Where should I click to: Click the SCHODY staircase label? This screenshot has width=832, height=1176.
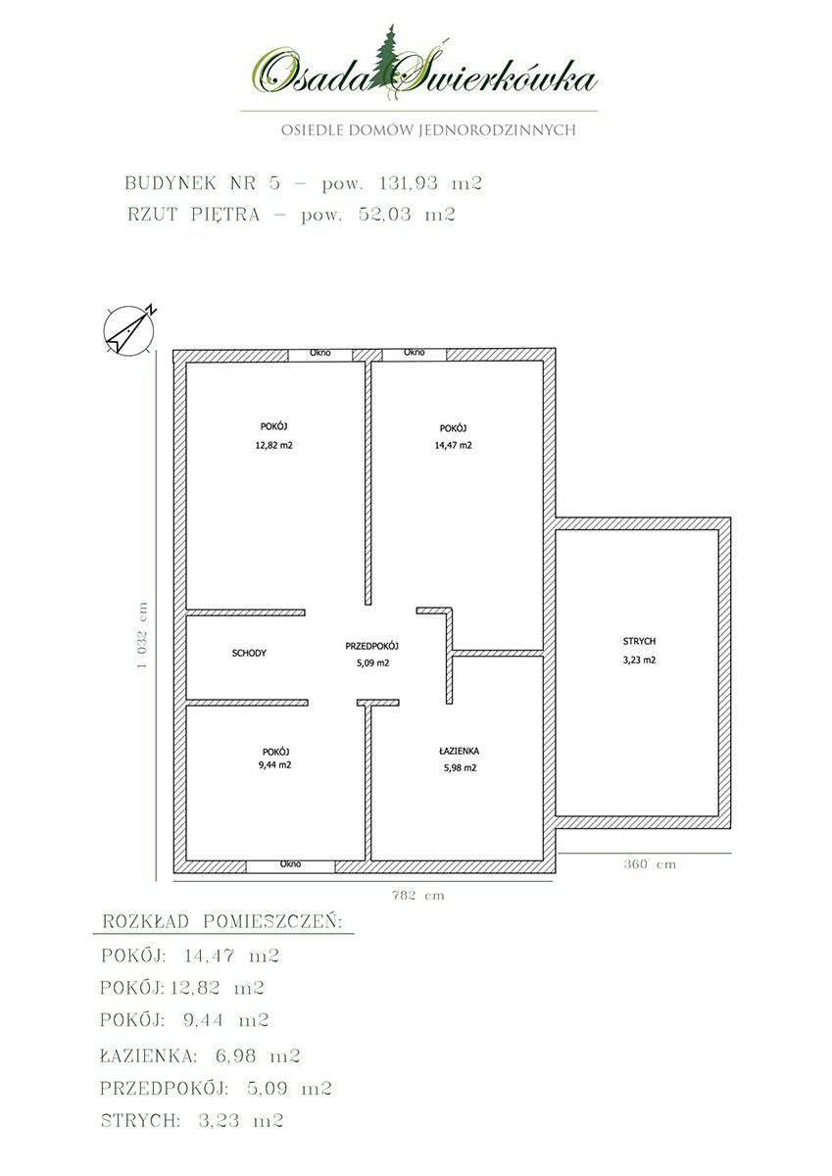coord(249,653)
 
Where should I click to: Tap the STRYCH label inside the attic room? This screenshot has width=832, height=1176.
coord(639,641)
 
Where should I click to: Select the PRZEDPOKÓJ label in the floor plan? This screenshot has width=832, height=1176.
coord(372,646)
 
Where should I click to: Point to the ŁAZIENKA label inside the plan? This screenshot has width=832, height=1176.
coord(459,751)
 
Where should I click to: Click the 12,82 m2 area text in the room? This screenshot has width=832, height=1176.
coord(274,445)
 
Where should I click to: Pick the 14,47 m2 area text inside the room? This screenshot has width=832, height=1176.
coord(453,445)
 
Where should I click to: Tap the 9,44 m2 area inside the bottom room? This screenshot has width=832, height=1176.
coord(274,765)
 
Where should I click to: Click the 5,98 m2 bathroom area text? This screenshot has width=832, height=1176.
coord(460,767)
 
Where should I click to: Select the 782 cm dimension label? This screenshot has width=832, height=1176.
coord(418,895)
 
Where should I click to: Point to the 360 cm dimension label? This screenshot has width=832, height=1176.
coord(650,864)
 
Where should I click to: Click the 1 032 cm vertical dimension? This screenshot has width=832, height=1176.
coord(142,635)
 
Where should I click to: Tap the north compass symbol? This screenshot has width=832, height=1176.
coord(129,329)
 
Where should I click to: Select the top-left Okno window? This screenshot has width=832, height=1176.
coord(320,354)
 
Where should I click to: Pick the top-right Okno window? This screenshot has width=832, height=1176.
coord(415,354)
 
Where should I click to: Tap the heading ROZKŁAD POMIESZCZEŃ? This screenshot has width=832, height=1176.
coord(222,922)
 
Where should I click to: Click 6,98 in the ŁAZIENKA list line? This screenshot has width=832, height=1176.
coord(236,1055)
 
